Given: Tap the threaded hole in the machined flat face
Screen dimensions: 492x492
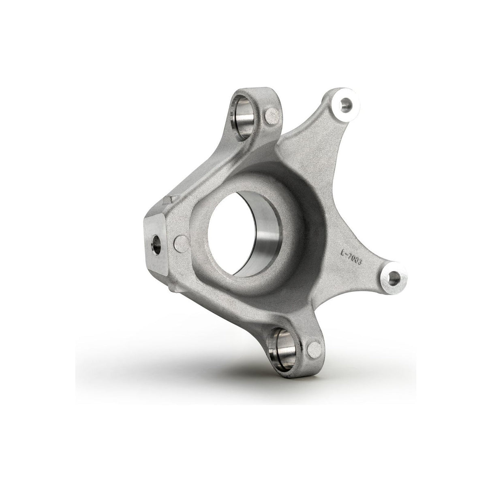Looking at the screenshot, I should (x=155, y=244).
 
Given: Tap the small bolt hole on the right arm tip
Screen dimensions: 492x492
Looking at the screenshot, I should (x=393, y=277).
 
